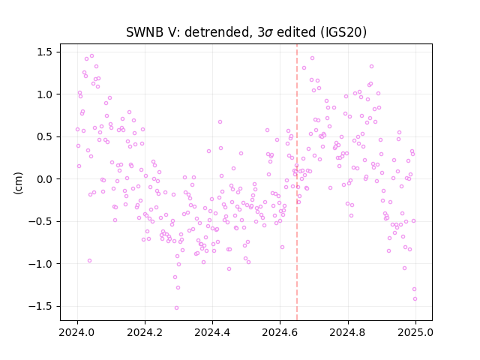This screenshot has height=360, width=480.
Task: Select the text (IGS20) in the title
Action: pyautogui.click(x=343, y=32)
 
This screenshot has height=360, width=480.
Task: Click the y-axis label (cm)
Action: pyautogui.click(x=18, y=183)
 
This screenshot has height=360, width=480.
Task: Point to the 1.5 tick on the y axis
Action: pyautogui.click(x=45, y=52)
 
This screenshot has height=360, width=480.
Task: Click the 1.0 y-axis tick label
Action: pyautogui.click(x=45, y=94)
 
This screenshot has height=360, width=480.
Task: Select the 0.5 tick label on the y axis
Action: pyautogui.click(x=45, y=136)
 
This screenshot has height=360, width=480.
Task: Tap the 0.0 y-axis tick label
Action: pyautogui.click(x=45, y=179)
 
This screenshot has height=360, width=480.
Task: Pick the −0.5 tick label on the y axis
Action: pyautogui.click(x=41, y=221)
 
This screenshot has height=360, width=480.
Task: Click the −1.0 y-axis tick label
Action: pyautogui.click(x=41, y=264)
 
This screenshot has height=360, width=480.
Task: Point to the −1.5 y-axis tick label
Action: pyautogui.click(x=41, y=306)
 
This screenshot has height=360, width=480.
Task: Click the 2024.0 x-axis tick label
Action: pyautogui.click(x=77, y=332)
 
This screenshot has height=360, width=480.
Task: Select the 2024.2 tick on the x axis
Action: pyautogui.click(x=145, y=332)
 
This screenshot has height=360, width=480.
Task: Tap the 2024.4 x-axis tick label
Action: pyautogui.click(x=212, y=332)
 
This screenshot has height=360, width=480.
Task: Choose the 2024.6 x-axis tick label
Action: pyautogui.click(x=280, y=332)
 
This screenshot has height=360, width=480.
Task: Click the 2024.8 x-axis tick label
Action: pyautogui.click(x=348, y=332)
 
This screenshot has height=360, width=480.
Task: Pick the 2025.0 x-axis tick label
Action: pyautogui.click(x=415, y=332)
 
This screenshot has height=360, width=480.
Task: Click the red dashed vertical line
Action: pyautogui.click(x=297, y=182)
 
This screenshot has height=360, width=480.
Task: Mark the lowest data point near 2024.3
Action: pyautogui.click(x=177, y=308)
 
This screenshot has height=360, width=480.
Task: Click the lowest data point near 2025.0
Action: pyautogui.click(x=415, y=299)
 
